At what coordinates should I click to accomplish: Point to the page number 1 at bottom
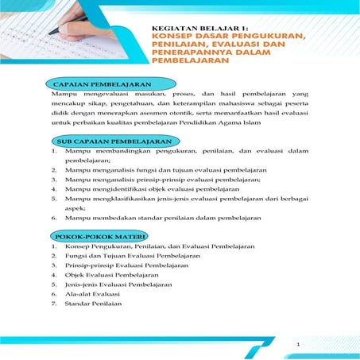[x=297, y=343]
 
